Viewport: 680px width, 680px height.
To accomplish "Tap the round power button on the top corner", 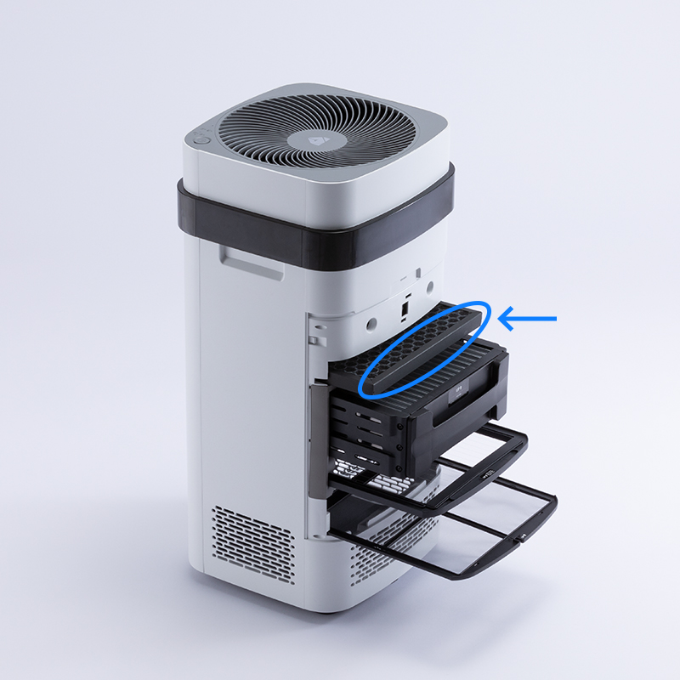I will tap(201, 138).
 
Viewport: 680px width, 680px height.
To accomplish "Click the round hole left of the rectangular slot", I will tap(372, 322).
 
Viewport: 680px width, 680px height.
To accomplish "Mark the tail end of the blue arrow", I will tap(554, 320).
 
